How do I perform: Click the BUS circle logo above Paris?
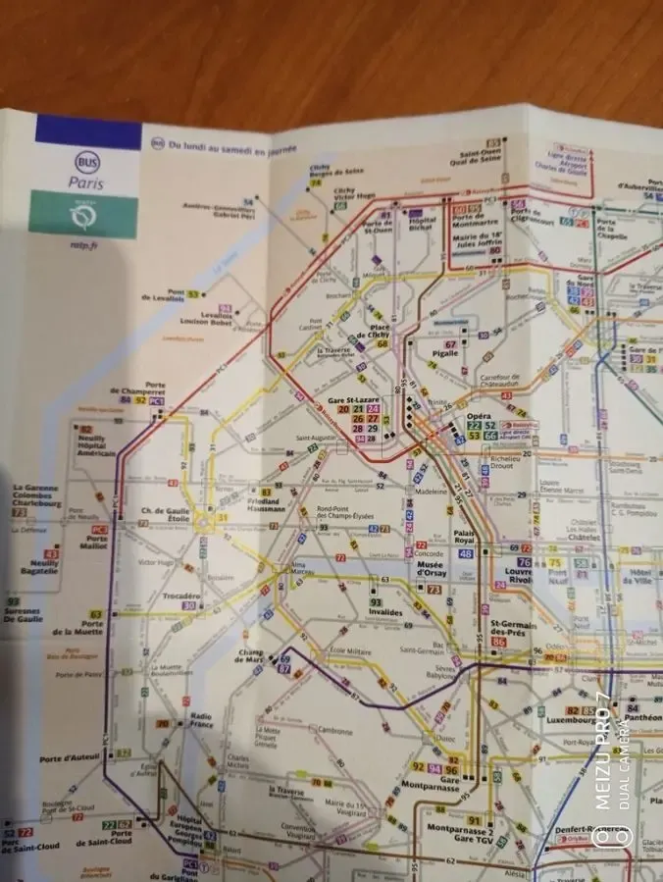click(x=87, y=161)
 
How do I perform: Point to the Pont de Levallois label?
click(x=163, y=295)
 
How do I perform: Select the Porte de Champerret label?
click(x=142, y=389)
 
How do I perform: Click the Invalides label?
click(x=385, y=613)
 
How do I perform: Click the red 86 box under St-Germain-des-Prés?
click(x=499, y=642)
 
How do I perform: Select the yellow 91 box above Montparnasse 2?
click(x=474, y=820)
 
